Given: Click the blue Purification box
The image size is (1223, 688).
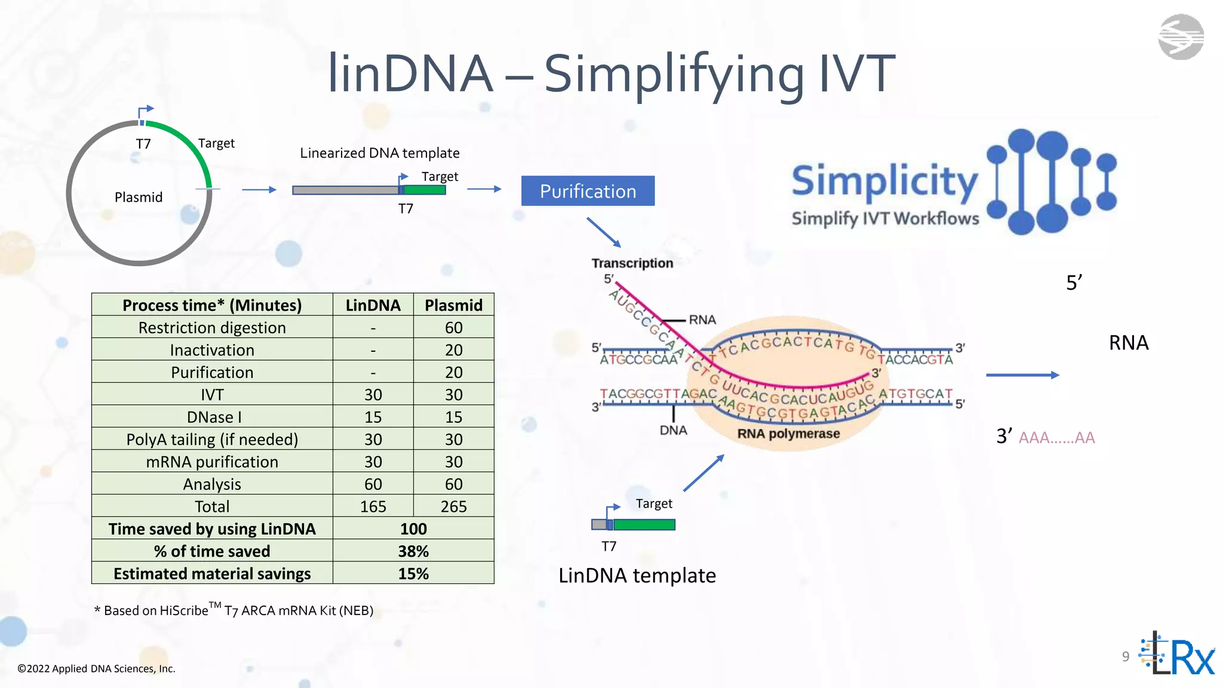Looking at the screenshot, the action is (588, 191).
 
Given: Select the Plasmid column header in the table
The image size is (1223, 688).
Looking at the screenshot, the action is (453, 305).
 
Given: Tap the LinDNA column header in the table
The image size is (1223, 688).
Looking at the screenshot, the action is (373, 305).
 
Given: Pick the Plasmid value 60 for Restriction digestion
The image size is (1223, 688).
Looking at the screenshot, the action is (453, 328).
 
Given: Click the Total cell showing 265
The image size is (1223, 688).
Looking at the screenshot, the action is (453, 506).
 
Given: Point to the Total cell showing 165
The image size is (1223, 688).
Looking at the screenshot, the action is (373, 506).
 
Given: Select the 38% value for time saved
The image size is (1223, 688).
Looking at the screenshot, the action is (413, 551).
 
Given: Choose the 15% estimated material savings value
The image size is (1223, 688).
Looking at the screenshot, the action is (413, 574).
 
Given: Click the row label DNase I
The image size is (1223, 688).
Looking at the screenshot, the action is (212, 417).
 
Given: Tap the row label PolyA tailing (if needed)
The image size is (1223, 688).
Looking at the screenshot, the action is (212, 440).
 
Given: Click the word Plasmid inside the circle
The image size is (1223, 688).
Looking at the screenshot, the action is (139, 197).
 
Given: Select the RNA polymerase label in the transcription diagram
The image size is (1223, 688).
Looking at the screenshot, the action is (788, 434).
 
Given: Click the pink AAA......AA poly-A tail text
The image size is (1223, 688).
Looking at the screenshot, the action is (1056, 438).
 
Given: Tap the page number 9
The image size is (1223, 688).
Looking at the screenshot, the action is (1126, 656).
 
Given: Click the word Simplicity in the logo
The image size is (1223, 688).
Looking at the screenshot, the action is (884, 180).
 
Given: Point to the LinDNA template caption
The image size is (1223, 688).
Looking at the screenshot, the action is (637, 575).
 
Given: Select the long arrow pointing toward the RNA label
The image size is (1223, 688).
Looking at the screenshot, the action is (1022, 375).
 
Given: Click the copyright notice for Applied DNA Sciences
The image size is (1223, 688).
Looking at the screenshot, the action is (96, 669).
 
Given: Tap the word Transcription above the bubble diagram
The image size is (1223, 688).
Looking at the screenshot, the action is (632, 263).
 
